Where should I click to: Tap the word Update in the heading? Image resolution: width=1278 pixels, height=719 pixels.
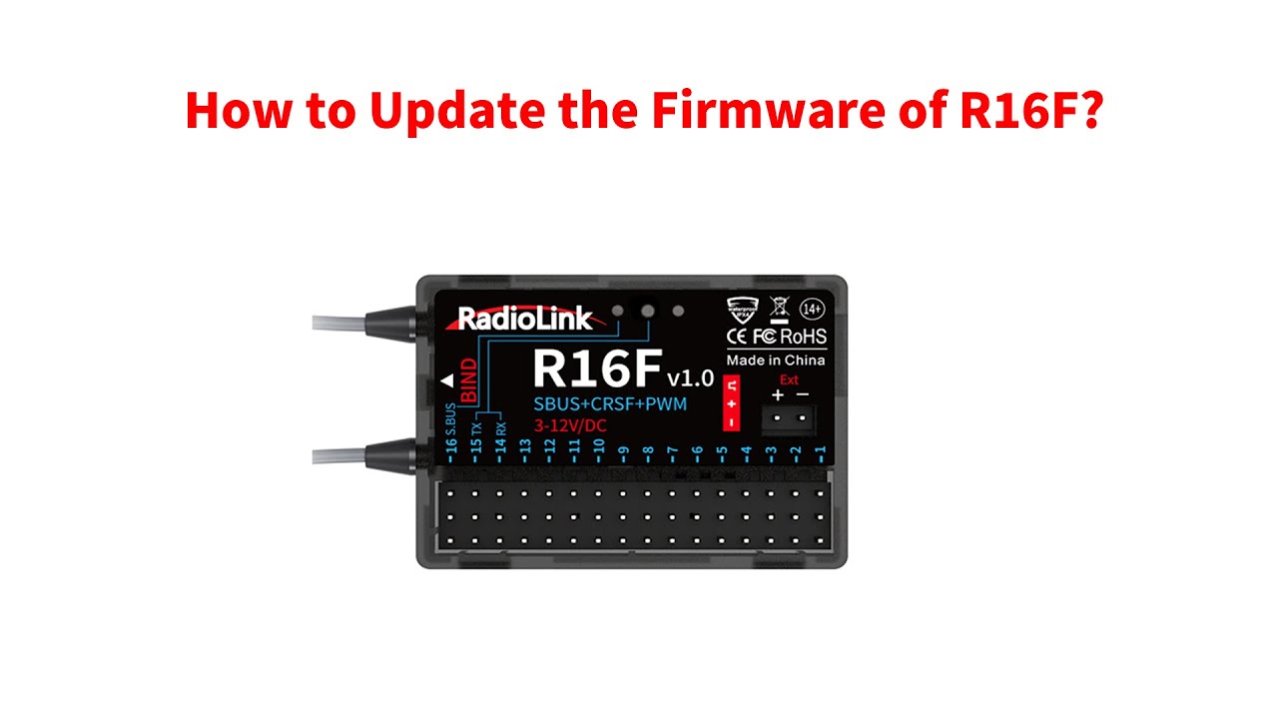pyautogui.click(x=462, y=112)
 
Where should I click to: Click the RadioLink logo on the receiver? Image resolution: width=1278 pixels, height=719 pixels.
pyautogui.click(x=524, y=320)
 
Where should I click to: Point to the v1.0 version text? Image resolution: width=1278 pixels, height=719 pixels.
pyautogui.click(x=690, y=377)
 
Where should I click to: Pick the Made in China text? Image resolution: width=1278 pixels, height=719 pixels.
pyautogui.click(x=776, y=359)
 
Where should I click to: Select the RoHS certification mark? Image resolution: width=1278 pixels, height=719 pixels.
pyautogui.click(x=804, y=337)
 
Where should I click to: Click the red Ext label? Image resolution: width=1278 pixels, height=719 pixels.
pyautogui.click(x=789, y=379)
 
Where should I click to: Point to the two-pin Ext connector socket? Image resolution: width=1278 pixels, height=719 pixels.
pyautogui.click(x=789, y=419)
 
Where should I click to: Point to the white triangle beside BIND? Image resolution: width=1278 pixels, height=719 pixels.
pyautogui.click(x=446, y=380)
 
